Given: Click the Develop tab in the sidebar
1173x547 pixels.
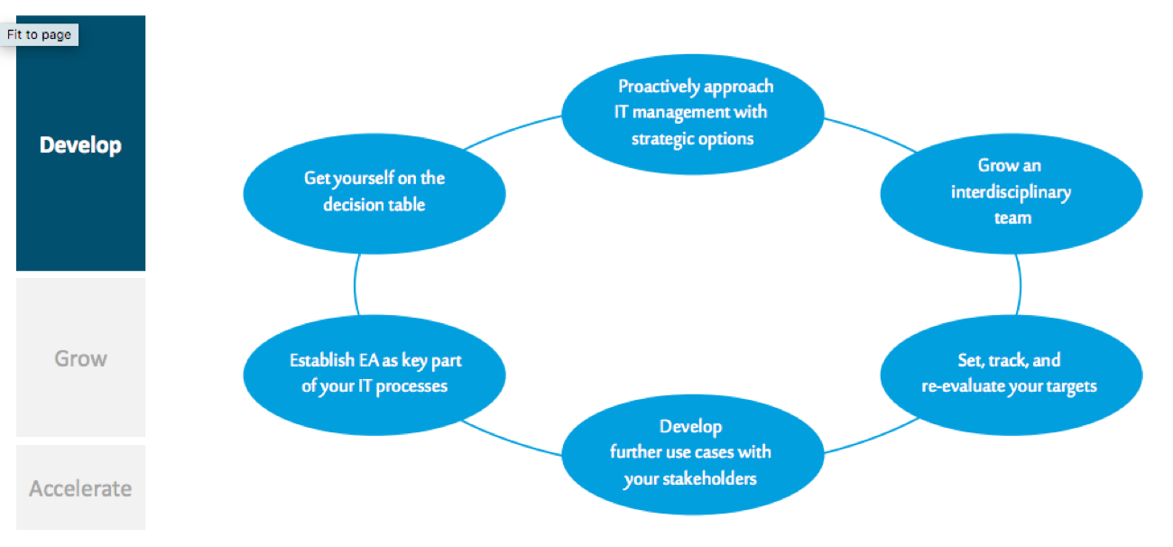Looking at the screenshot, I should click(80, 145).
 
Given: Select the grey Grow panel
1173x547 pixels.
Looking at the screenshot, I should click(80, 358).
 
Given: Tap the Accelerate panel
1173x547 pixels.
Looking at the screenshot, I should click(80, 488).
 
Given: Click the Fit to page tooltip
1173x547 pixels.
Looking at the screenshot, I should click(40, 35).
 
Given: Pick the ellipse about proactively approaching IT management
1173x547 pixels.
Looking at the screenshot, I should click(693, 113).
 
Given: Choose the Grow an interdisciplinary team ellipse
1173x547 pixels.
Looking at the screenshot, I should click(1011, 192).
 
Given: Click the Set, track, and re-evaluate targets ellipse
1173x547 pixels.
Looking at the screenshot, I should click(1011, 374).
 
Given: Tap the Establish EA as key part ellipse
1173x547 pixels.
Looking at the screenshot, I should click(374, 374).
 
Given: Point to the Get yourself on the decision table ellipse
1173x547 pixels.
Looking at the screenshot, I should click(374, 192).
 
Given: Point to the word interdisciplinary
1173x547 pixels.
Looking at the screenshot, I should click(1011, 192).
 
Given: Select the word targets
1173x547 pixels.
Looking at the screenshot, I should click(1070, 386).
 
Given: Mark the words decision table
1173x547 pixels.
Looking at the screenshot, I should click(374, 205).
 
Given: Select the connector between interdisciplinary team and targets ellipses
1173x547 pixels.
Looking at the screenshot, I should click(1020, 285).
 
